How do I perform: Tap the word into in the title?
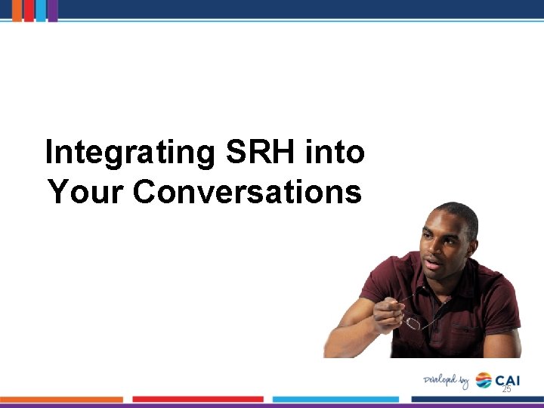click(336, 153)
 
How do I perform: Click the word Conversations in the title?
click(247, 192)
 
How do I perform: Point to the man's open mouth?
click(432, 264)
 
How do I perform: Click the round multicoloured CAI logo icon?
click(484, 380)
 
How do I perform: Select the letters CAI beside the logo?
click(508, 380)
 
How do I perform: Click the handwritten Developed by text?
click(446, 380)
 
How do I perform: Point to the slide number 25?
click(506, 388)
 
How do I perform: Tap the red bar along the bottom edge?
click(198, 399)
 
